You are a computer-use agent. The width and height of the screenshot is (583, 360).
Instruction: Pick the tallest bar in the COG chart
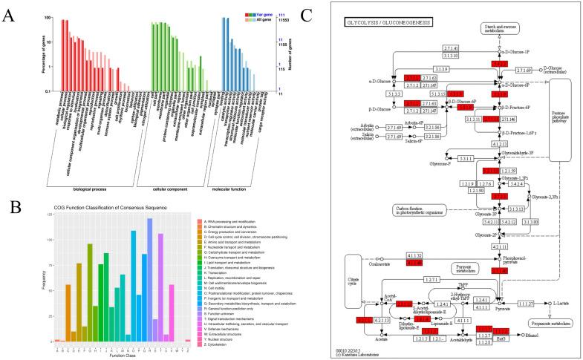149,280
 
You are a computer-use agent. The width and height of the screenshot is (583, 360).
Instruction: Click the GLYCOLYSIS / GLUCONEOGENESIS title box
391,24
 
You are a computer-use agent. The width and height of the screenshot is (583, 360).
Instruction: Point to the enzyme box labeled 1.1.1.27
525,303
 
